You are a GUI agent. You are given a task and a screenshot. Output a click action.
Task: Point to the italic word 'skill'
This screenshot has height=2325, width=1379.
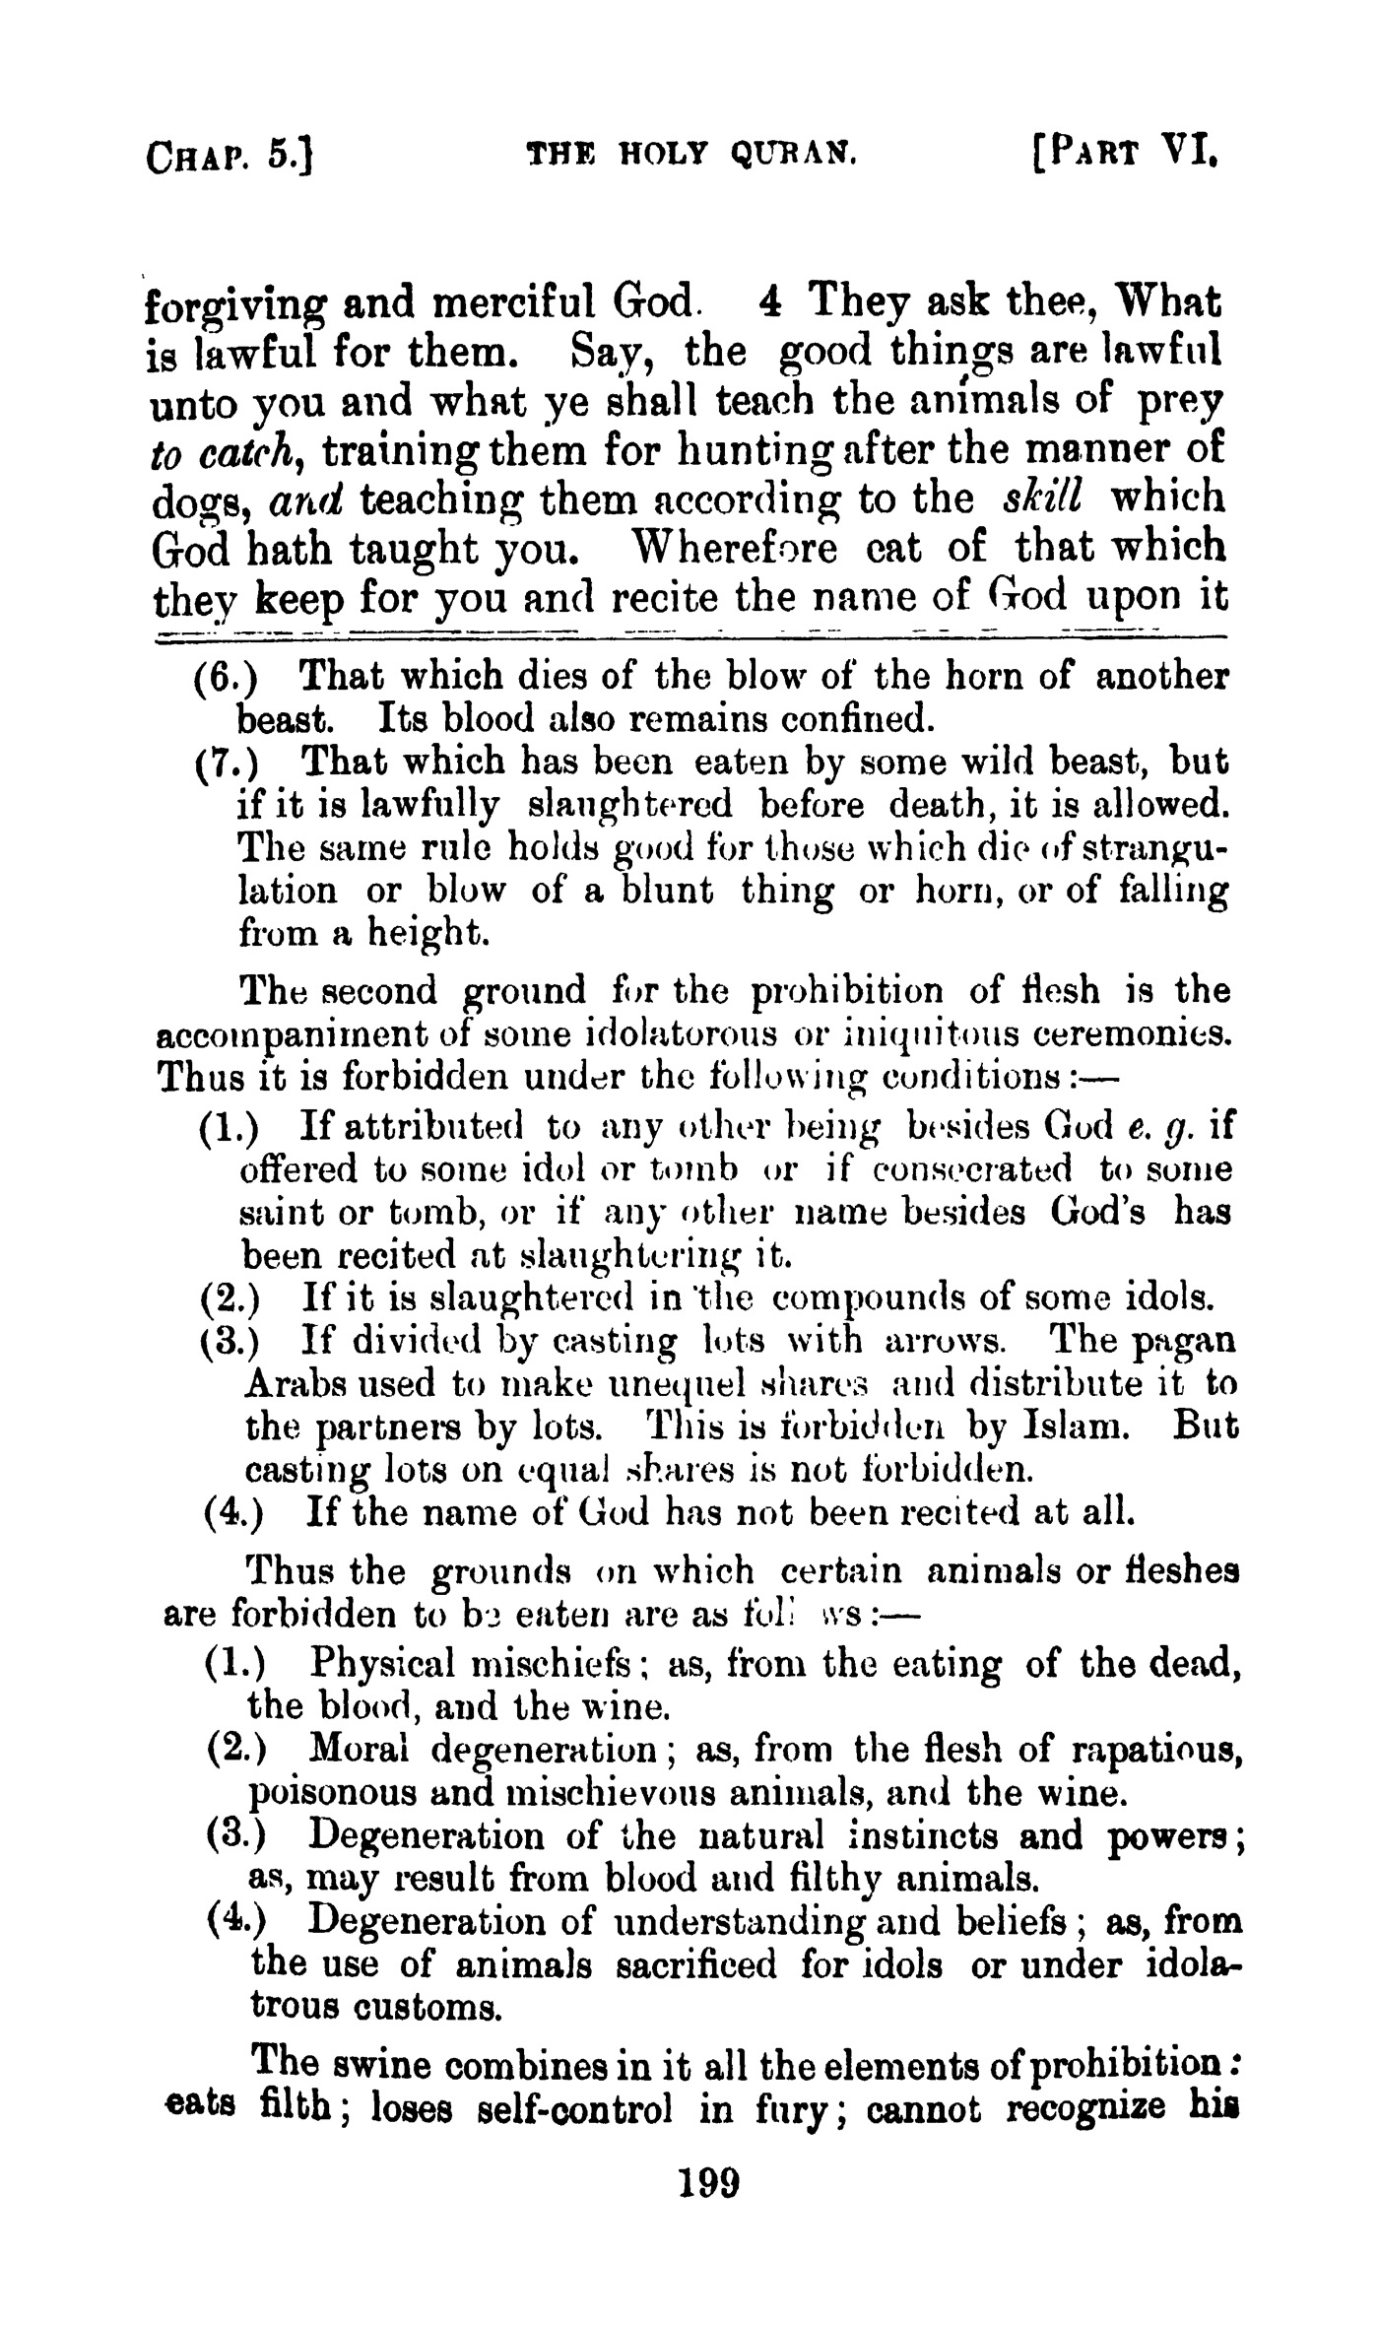point(1043,497)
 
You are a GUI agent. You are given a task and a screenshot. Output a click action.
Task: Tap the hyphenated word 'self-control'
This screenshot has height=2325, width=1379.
point(574,2108)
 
